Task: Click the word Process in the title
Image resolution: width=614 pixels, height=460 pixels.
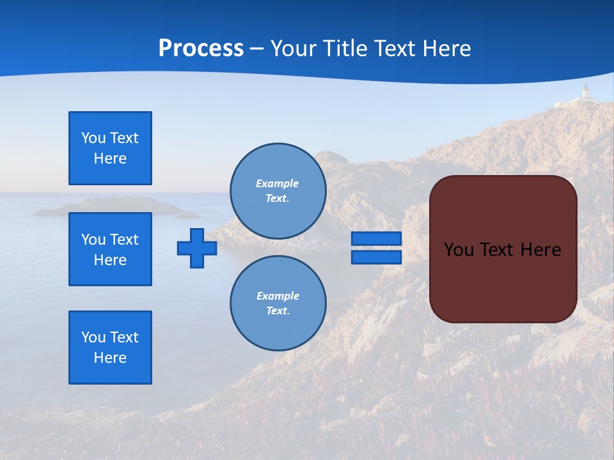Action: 201,49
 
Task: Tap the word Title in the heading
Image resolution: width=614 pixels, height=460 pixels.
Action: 344,49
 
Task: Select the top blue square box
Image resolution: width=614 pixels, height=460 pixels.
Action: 110,148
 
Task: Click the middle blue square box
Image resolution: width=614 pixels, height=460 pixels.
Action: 110,249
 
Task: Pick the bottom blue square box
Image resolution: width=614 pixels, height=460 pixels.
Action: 110,348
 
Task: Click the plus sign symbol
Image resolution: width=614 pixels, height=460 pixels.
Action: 197,248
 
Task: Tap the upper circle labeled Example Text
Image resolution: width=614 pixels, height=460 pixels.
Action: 278,191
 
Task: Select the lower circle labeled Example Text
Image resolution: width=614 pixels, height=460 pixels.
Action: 278,303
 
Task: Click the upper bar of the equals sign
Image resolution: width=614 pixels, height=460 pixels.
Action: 376,239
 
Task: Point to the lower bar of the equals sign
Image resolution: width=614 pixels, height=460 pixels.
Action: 376,257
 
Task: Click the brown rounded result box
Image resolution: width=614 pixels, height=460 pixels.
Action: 503,249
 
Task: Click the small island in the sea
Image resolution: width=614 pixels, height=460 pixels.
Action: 109,206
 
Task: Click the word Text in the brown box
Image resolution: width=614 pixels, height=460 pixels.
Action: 501,250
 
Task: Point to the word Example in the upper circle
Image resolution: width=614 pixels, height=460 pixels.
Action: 278,183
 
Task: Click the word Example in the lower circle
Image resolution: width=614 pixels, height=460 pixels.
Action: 278,296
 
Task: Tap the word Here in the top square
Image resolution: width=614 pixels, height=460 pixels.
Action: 110,158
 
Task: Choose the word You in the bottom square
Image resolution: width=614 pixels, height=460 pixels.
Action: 93,337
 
